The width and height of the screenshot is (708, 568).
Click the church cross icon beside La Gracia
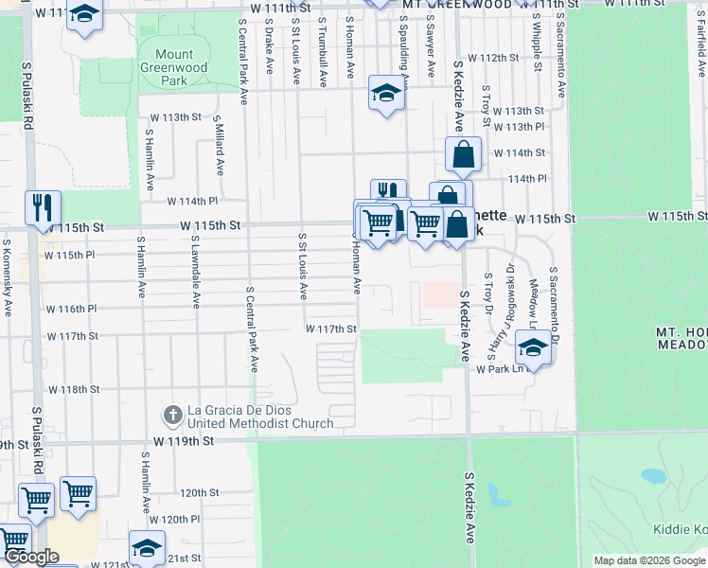pyautogui.click(x=172, y=414)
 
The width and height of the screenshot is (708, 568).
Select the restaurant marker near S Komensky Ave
pyautogui.click(x=43, y=207)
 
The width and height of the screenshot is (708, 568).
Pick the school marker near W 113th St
pyautogui.click(x=385, y=93)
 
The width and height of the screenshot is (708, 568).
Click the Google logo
pyautogui.click(x=30, y=557)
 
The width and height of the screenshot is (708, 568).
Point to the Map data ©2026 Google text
pyautogui.click(x=649, y=560)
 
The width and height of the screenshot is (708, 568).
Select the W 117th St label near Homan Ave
pyautogui.click(x=329, y=328)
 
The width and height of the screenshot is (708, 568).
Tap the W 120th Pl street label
pyautogui.click(x=174, y=520)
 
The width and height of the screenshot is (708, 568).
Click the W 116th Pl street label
pyautogui.click(x=71, y=309)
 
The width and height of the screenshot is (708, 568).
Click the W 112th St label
pyautogui.click(x=501, y=58)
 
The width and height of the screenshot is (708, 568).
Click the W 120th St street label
pyautogui.click(x=199, y=493)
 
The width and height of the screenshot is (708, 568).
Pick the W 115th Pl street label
pyautogui.click(x=70, y=255)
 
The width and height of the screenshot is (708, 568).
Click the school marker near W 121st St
pyautogui.click(x=147, y=547)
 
